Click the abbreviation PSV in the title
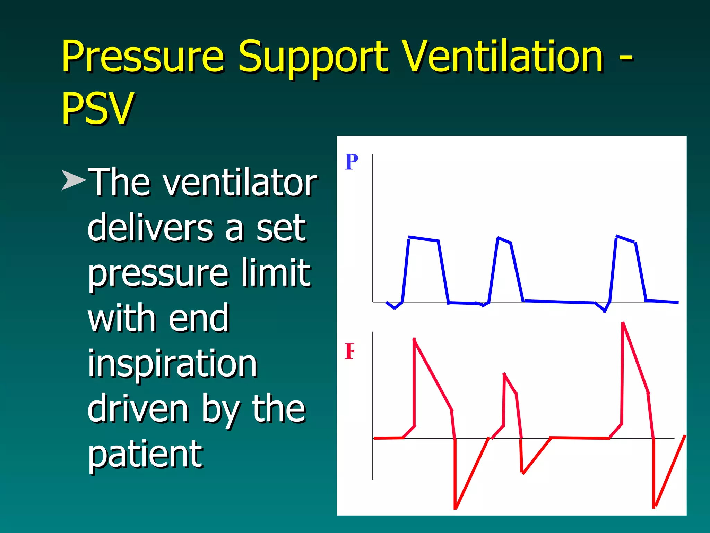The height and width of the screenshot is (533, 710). pyautogui.click(x=97, y=108)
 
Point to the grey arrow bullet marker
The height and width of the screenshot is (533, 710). pyautogui.click(x=73, y=180)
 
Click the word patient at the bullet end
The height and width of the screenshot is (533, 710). pyautogui.click(x=145, y=454)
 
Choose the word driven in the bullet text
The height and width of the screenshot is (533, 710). pyautogui.click(x=138, y=409)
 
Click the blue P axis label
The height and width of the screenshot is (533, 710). pyautogui.click(x=351, y=162)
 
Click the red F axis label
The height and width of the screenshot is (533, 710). pyautogui.click(x=350, y=351)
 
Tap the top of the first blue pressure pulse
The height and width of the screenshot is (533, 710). pyautogui.click(x=424, y=239)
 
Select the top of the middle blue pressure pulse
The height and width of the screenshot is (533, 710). pyautogui.click(x=503, y=240)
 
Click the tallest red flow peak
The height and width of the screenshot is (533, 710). pyautogui.click(x=623, y=323)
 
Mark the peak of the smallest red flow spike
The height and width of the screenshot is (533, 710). pyautogui.click(x=504, y=374)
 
